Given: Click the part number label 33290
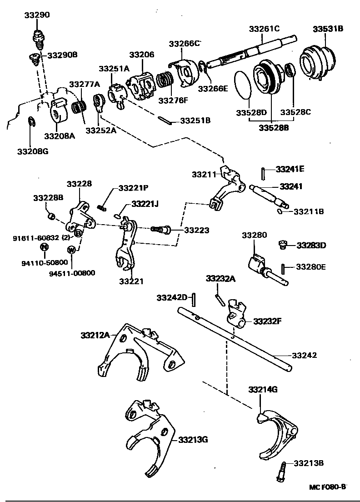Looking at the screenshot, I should (x=37, y=15).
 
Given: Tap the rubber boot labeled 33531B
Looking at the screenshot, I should (x=318, y=61).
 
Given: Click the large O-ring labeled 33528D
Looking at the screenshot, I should (x=245, y=85).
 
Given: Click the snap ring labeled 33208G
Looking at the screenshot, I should (x=30, y=123).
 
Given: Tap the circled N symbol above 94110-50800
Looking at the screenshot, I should (x=44, y=247).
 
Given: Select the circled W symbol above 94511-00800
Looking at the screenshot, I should (x=71, y=249).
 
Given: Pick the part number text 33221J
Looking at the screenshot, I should (x=145, y=204).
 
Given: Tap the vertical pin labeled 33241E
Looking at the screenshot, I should (x=263, y=173).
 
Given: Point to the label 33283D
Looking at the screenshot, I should (x=311, y=246).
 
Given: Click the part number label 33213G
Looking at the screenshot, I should (x=193, y=440).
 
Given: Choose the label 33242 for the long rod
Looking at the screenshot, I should (x=304, y=355).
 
